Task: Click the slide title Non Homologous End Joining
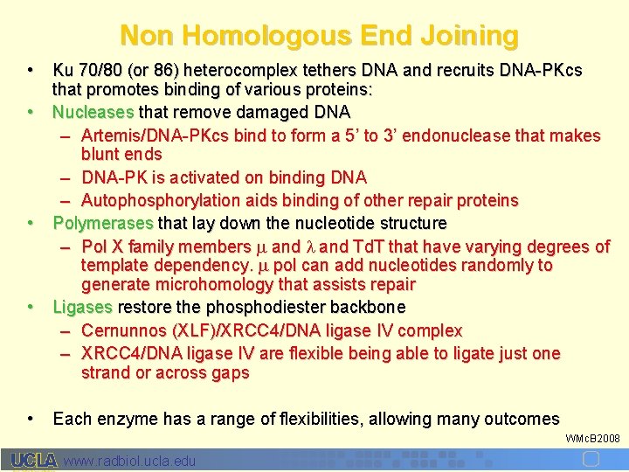click(x=319, y=36)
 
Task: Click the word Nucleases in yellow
click(x=93, y=113)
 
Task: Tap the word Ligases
click(x=83, y=308)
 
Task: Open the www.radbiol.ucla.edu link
click(x=130, y=461)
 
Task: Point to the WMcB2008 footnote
click(x=592, y=438)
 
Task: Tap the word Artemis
click(x=109, y=135)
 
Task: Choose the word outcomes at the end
click(x=522, y=419)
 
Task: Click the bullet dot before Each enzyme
click(x=31, y=419)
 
